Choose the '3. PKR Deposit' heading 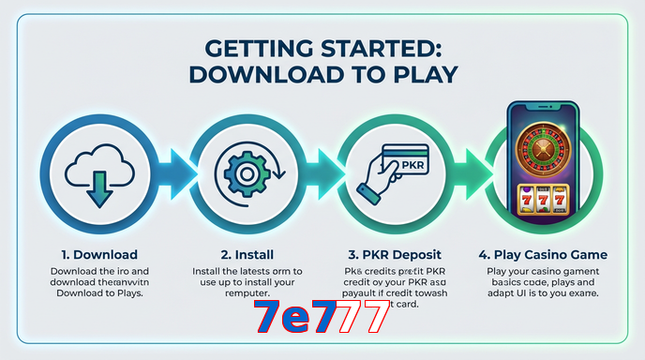click(395, 255)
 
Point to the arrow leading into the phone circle click(472, 170)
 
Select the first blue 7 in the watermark click(267, 320)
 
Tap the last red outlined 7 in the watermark click(374, 320)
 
